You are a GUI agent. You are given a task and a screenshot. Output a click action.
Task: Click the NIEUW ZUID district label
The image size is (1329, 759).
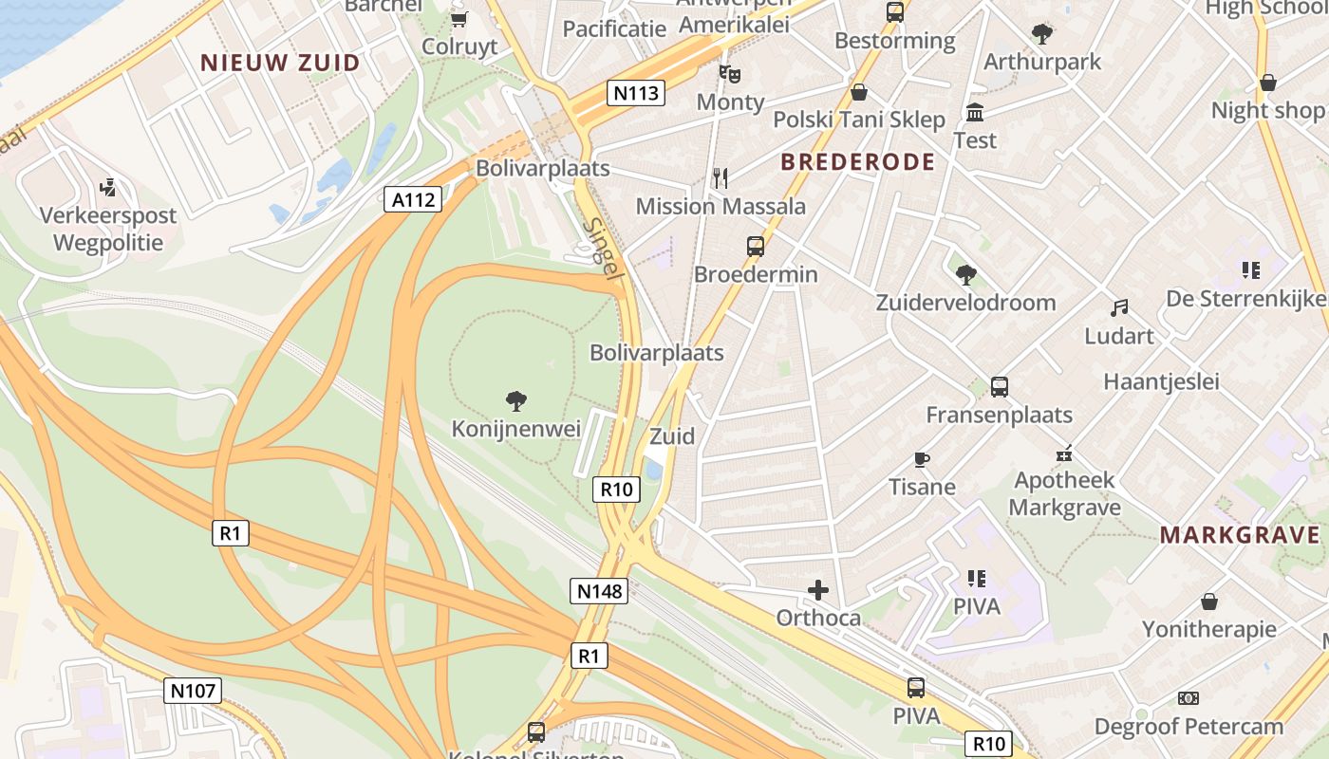coord(280,64)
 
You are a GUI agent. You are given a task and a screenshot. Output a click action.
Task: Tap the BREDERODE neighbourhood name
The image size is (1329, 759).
coord(857,162)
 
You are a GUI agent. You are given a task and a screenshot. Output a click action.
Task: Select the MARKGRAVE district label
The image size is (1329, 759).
coord(1240,534)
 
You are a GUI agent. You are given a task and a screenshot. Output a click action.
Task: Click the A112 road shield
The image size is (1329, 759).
coord(413,199)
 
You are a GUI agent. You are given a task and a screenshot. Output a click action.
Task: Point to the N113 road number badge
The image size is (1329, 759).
coord(636,93)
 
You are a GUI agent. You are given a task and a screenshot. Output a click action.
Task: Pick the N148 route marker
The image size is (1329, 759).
coord(600,591)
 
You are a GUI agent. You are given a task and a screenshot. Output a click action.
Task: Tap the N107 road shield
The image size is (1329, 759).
coord(193,691)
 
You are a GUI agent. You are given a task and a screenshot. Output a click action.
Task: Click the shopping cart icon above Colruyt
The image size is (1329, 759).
coord(459,19)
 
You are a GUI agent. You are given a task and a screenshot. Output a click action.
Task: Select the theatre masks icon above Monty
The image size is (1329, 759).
coord(729,73)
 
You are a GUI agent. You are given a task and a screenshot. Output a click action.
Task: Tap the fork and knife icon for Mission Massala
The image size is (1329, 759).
coord(721,177)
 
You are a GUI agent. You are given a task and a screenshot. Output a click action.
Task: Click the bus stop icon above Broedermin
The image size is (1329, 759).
coord(755,247)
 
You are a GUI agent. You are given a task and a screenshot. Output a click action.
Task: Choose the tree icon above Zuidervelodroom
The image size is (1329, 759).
coord(965,275)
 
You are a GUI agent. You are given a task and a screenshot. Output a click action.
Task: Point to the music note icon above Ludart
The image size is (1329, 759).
coord(1119,308)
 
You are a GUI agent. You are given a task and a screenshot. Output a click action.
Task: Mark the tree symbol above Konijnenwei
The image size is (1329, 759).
coord(515,401)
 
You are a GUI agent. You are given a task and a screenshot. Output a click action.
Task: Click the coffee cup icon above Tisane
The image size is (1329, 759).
coord(921,460)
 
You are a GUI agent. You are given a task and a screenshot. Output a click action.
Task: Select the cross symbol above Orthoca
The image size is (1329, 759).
coord(817,590)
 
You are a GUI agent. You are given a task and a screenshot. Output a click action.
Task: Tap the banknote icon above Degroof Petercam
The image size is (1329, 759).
coord(1188,698)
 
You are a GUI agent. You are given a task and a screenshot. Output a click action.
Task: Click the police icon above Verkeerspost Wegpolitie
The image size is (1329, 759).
coord(108,187)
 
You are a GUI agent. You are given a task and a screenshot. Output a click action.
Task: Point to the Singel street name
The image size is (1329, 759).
coord(603,249)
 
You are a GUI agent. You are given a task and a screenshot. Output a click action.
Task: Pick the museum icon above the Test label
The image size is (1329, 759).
coord(974,113)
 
